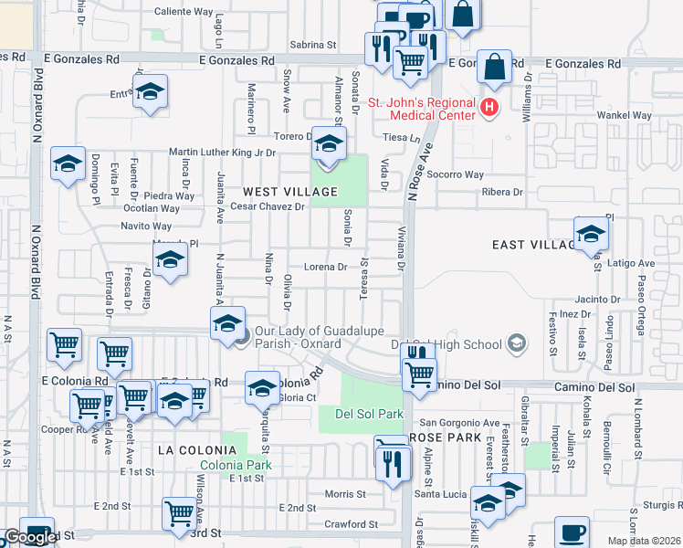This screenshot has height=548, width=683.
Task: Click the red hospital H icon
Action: (489, 108)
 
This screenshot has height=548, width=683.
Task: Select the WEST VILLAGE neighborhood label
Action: (290, 192)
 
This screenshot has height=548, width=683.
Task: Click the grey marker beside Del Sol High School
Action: (518, 344)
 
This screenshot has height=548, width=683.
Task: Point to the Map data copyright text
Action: (644, 541)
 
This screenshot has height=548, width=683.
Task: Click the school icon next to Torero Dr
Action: (330, 142)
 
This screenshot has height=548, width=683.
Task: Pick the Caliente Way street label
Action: (184, 12)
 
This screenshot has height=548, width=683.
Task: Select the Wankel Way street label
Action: (624, 116)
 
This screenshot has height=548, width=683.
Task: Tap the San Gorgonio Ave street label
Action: (459, 424)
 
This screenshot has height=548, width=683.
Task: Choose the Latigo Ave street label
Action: (634, 263)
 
